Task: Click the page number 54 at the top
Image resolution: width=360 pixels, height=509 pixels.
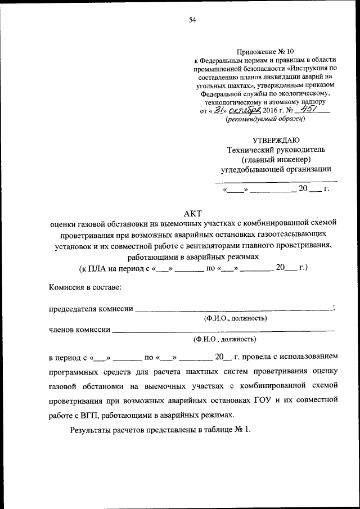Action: [192, 20]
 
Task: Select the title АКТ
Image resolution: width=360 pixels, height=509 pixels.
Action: [192, 213]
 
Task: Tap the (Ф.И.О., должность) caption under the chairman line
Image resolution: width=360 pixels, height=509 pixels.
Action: [235, 318]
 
